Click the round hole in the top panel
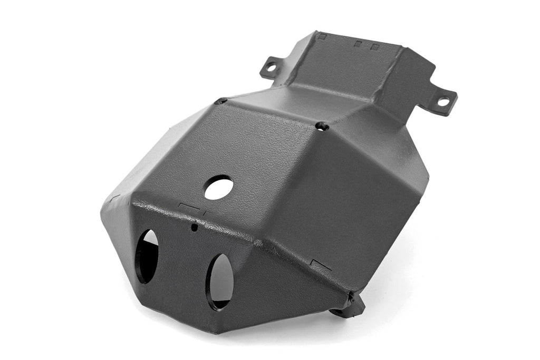click(219, 187)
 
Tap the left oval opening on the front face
click(147, 256)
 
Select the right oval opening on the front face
click(220, 281)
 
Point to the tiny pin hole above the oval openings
click(195, 228)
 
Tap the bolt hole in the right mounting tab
click(443, 101)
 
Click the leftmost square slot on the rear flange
click(323, 36)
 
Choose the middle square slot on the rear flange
click(359, 44)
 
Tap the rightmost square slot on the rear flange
click(375, 47)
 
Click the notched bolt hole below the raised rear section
click(323, 126)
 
